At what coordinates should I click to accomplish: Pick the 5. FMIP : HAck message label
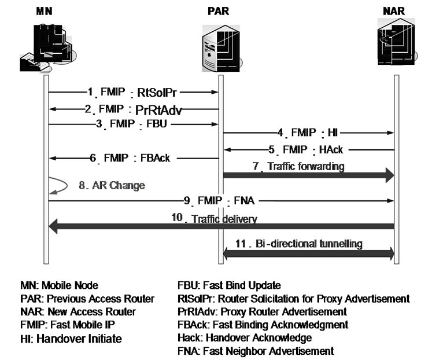[310, 149]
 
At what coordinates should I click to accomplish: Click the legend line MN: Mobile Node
[59, 285]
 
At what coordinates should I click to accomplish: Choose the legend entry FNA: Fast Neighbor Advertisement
[256, 351]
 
